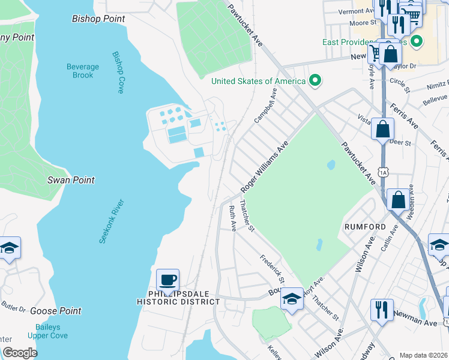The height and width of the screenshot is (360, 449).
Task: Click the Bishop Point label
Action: click(x=98, y=19)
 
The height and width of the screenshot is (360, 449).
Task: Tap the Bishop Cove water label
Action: click(x=118, y=71)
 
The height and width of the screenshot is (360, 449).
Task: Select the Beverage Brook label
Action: click(x=83, y=71)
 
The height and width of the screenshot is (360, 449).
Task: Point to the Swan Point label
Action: click(x=71, y=180)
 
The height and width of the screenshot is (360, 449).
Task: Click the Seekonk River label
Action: click(x=111, y=221)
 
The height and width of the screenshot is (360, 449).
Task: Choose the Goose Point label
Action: click(x=55, y=311)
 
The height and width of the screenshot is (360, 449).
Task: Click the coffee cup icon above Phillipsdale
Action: click(x=167, y=280)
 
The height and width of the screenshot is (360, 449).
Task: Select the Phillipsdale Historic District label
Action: click(x=184, y=298)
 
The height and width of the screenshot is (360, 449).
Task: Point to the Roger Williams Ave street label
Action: click(x=265, y=167)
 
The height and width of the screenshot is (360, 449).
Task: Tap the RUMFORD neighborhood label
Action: click(x=364, y=227)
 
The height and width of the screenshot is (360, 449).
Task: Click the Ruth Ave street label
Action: click(x=232, y=218)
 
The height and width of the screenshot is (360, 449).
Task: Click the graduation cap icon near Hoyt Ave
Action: click(x=292, y=298)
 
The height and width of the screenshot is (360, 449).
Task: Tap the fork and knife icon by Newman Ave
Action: click(x=382, y=310)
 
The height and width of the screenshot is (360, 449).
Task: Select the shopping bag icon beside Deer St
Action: click(x=382, y=129)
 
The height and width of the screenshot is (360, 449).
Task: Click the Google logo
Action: click(x=20, y=353)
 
